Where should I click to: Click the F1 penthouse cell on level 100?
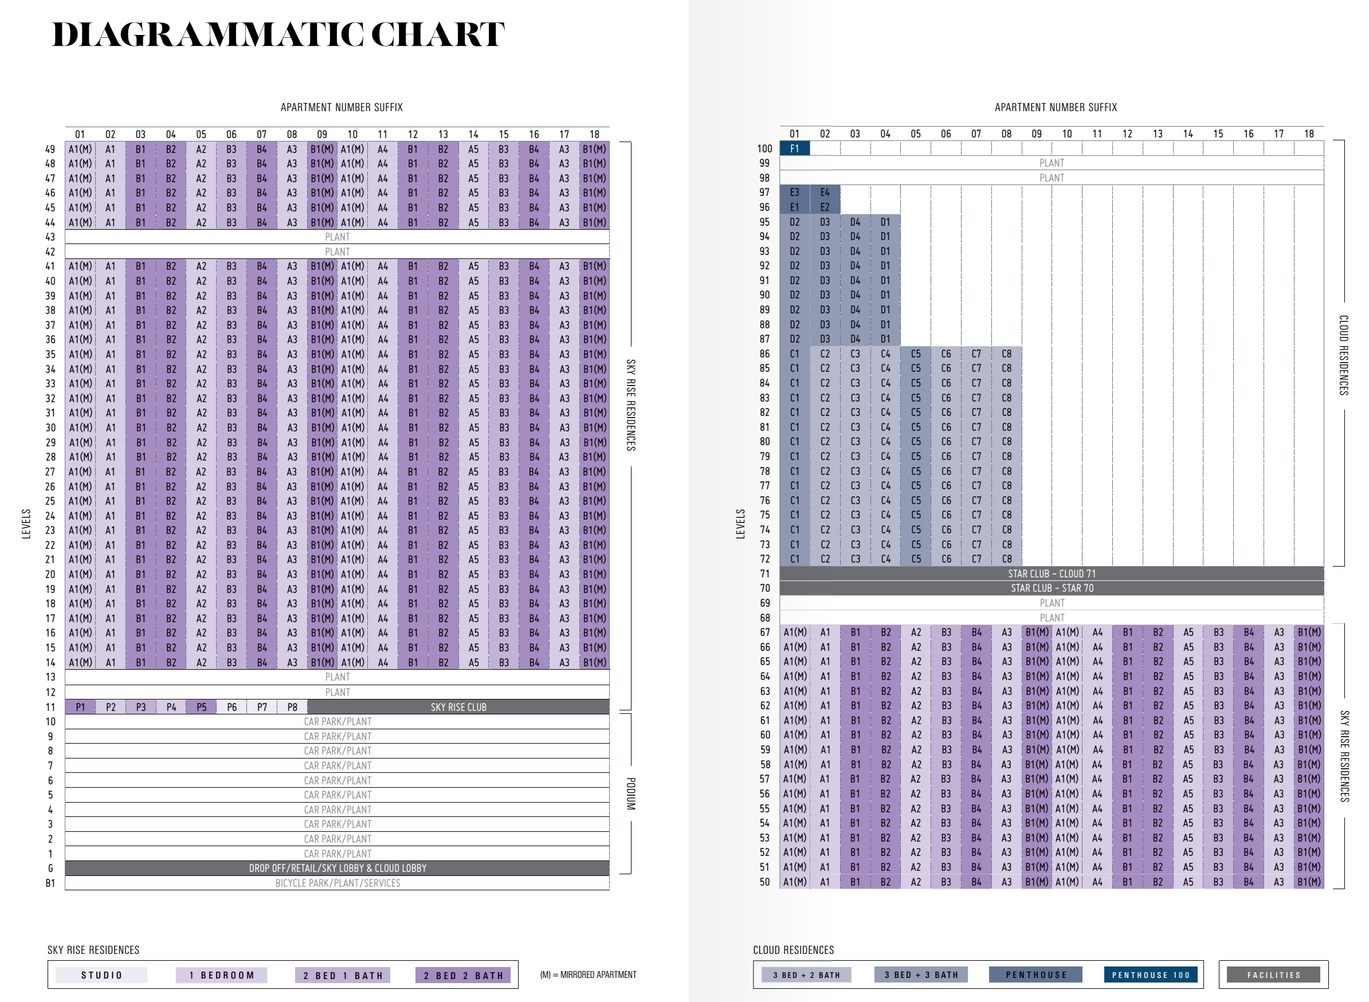(794, 148)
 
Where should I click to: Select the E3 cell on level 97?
(794, 192)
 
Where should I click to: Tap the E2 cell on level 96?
(825, 207)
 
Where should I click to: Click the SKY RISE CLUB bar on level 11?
(458, 707)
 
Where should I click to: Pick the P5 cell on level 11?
(201, 707)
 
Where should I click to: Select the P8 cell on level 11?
(292, 707)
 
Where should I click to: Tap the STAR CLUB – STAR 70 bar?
(1052, 588)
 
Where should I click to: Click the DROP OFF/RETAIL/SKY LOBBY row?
(338, 868)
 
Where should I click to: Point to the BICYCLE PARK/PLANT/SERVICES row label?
(338, 883)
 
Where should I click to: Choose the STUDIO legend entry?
(101, 975)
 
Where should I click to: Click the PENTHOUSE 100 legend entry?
(1151, 975)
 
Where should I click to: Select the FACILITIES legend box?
(1274, 975)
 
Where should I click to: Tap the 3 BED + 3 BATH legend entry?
(921, 975)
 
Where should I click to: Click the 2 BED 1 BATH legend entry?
(343, 975)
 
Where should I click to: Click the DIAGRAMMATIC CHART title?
(278, 34)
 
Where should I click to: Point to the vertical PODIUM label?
(631, 794)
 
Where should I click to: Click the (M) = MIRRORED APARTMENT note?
(589, 975)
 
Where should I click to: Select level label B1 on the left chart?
(50, 883)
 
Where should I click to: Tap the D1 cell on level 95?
(885, 222)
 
